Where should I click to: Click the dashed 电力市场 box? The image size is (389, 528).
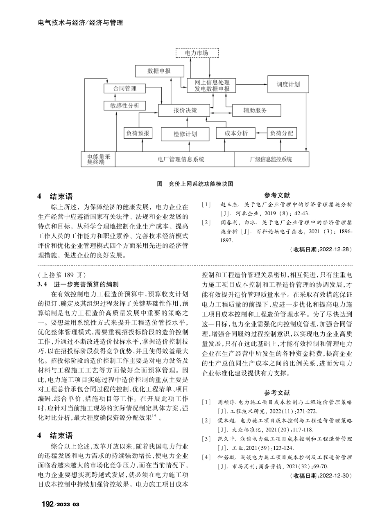pos(197,53)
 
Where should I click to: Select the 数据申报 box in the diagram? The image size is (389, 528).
pos(159,71)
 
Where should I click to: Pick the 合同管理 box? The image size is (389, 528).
pos(125,88)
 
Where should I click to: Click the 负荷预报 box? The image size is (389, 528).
pos(138,133)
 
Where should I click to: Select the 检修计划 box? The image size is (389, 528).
pos(185,134)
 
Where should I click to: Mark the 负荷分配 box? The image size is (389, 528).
pos(282,133)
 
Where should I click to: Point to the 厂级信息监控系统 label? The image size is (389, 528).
pos(271,159)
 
